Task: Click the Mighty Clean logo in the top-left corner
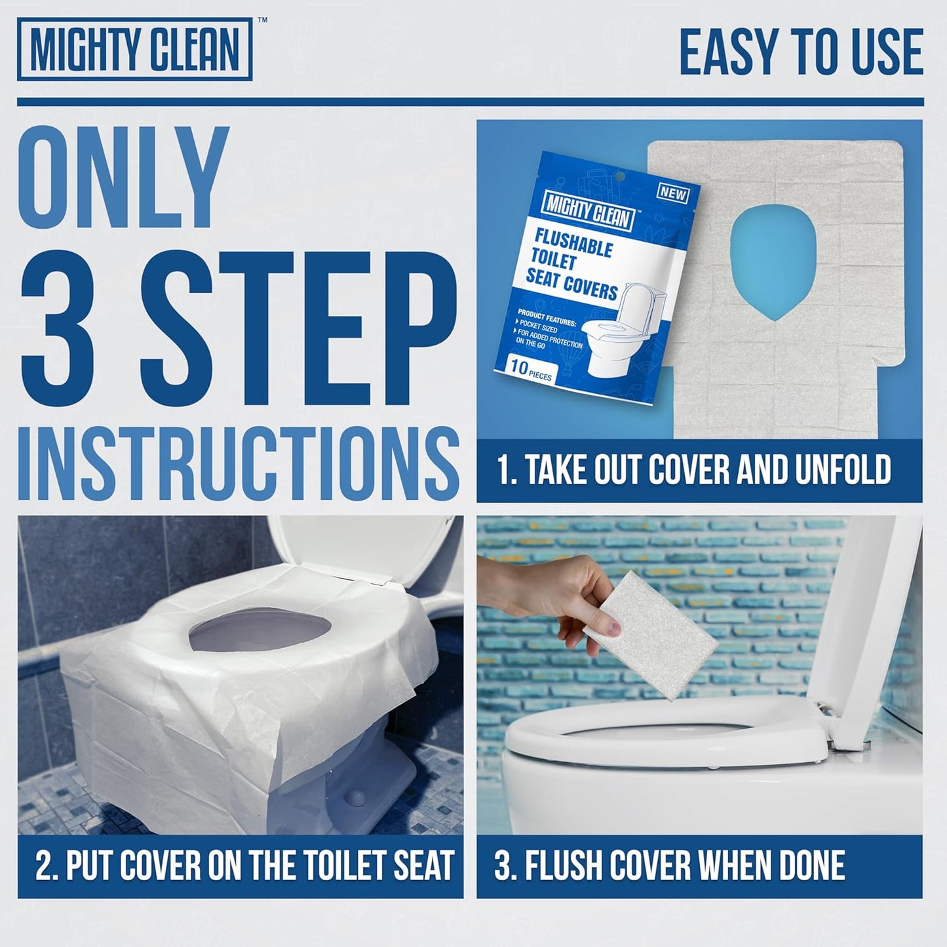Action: (x=134, y=49)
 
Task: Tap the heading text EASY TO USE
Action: (x=801, y=52)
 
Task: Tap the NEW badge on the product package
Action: (x=672, y=193)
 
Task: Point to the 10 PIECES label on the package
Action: (x=530, y=370)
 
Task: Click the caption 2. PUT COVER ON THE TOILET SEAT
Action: (x=244, y=865)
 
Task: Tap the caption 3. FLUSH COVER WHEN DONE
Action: (x=670, y=865)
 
